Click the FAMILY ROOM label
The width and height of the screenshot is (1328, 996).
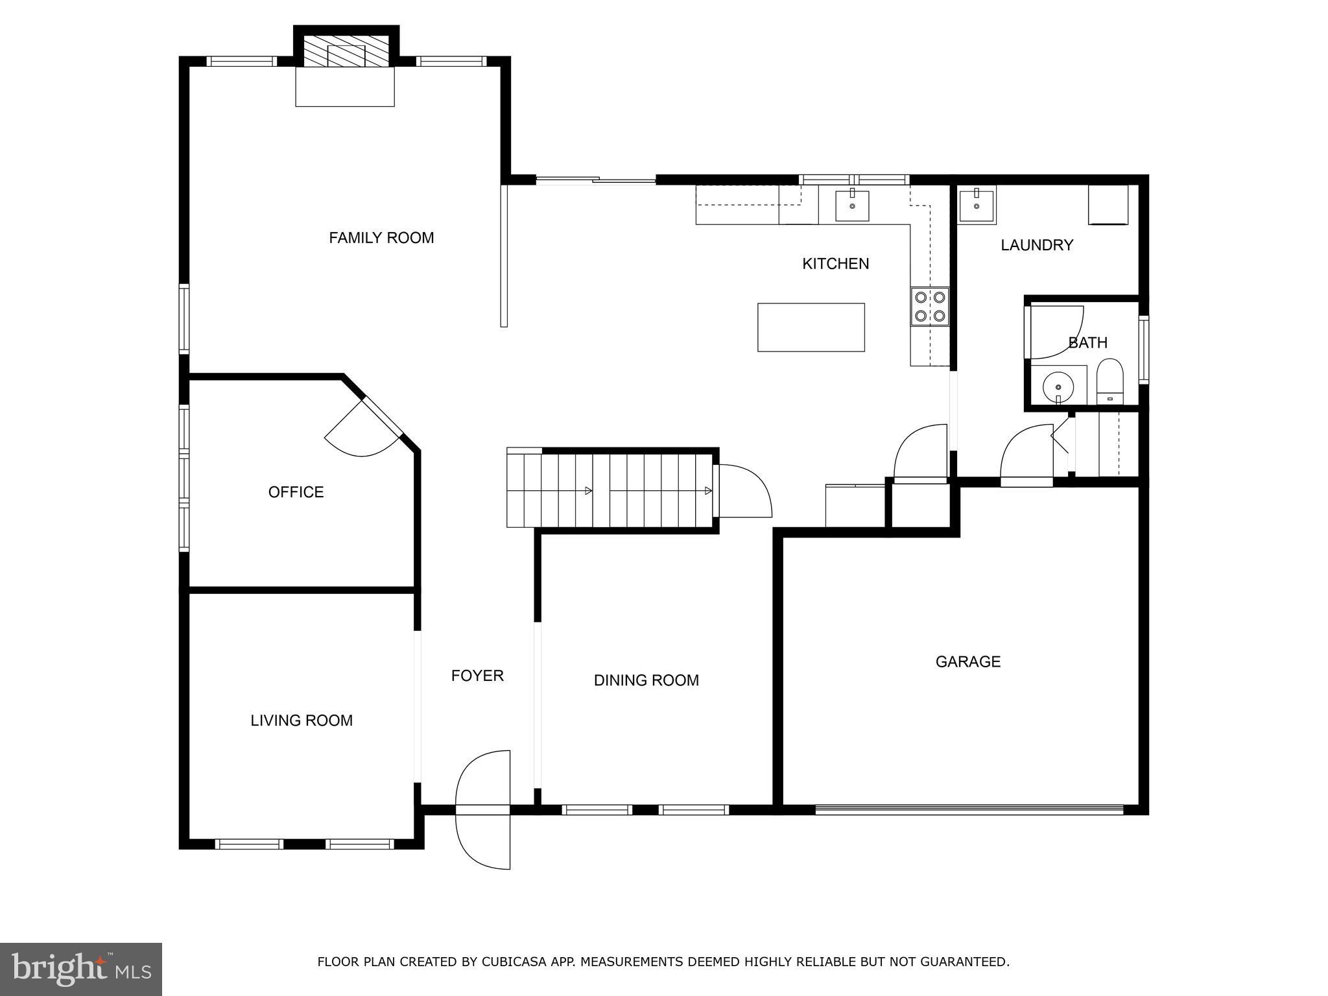point(381,238)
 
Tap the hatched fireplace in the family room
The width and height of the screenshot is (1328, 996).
point(346,50)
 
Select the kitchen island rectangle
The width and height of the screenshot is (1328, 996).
point(811,327)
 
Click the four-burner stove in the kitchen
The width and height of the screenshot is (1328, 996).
point(929,307)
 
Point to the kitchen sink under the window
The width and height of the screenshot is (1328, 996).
point(851,206)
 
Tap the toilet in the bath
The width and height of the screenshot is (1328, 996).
point(1109,383)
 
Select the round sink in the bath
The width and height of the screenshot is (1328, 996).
point(1058,387)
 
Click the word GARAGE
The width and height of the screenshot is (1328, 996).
point(967,661)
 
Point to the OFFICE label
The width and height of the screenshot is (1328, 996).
point(296,492)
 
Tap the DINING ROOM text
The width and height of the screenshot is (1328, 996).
point(646,680)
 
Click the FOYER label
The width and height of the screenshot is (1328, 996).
point(477,676)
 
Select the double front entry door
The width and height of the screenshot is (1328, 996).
point(484,809)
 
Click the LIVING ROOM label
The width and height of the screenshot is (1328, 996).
point(302,720)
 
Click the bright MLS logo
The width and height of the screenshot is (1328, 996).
point(81,969)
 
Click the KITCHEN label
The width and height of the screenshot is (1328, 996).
point(835,264)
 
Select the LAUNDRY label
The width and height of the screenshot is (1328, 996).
point(1036,245)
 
